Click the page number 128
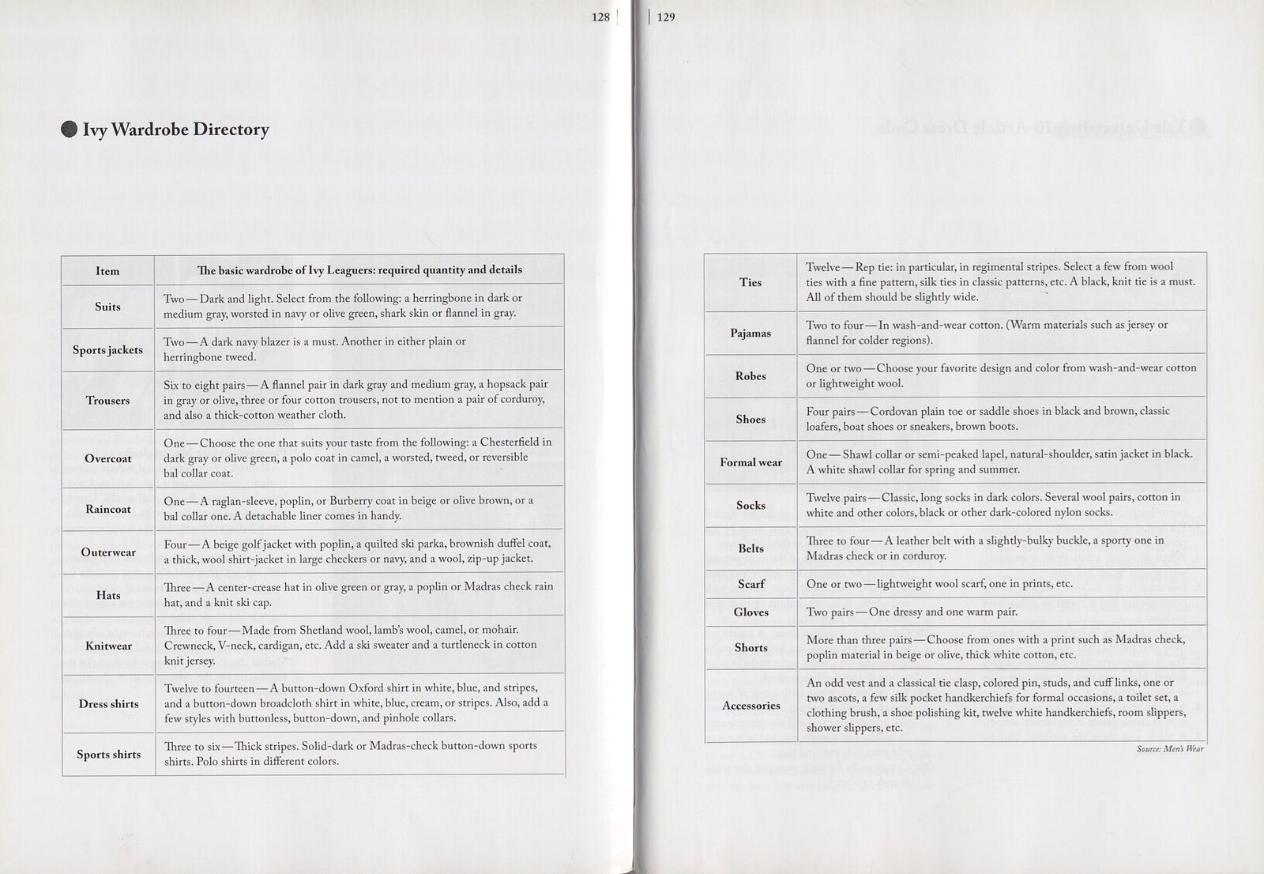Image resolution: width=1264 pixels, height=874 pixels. point(600,17)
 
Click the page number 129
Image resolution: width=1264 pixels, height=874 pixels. point(666,17)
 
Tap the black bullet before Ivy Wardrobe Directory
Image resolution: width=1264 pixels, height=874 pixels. point(70,130)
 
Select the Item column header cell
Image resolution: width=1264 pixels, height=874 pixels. point(107,271)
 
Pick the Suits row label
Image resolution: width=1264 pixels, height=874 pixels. point(107,307)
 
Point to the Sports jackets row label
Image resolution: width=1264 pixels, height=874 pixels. point(107,350)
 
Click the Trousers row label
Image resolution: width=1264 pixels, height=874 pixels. point(107,400)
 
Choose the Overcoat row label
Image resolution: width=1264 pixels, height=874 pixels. point(107,458)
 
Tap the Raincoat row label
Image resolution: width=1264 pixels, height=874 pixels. point(107,509)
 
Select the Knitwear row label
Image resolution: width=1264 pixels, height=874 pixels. point(107,646)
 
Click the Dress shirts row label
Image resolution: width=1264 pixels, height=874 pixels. point(107,704)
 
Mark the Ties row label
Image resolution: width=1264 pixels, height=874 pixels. point(750,282)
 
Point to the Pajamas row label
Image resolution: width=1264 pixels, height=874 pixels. point(750,333)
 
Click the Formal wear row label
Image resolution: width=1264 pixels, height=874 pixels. point(750,462)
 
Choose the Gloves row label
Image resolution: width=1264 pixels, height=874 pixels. point(750,612)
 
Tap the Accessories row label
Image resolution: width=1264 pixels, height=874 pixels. point(750,706)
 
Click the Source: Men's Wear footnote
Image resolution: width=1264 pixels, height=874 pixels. point(1170,748)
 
